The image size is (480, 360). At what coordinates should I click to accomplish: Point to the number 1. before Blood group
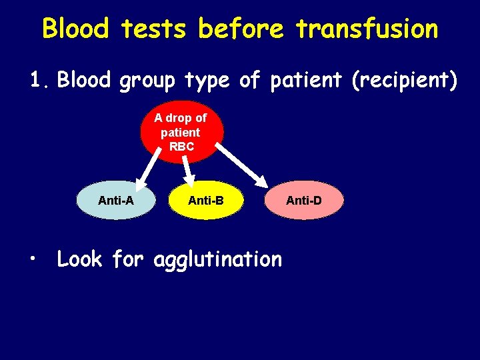pos(39,81)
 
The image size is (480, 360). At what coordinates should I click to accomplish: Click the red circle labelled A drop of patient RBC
pos(181,132)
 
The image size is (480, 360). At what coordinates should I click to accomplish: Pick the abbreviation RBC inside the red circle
pos(181,147)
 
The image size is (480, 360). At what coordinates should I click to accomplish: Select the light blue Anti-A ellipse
pos(115,200)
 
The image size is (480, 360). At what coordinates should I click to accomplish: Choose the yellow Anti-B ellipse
pos(206,200)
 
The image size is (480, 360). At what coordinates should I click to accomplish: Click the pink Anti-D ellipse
pos(304,200)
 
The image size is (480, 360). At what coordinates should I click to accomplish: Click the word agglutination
pos(217,259)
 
